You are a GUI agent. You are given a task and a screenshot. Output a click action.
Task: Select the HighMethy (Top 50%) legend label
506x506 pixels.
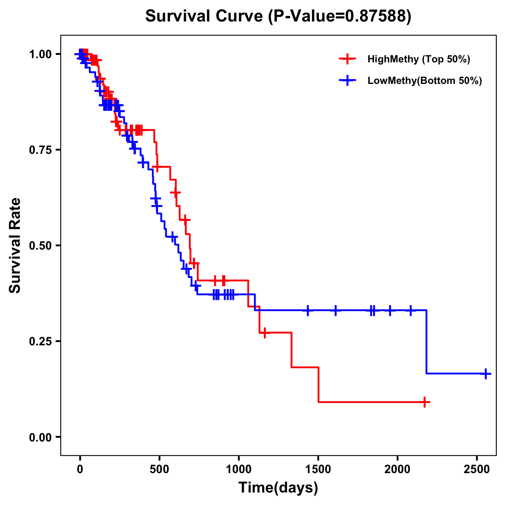point(418,59)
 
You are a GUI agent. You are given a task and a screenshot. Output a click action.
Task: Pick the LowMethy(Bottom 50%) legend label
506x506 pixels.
point(424,81)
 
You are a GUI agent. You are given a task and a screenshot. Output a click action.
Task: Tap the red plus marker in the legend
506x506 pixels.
point(347,59)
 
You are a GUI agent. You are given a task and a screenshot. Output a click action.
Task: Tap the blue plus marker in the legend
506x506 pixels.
point(347,81)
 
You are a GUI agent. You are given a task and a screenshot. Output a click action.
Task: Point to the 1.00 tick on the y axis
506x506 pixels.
point(40,54)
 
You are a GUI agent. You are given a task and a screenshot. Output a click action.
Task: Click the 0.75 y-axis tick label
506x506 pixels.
point(40,150)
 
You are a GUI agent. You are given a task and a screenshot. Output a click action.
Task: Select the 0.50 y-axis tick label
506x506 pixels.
point(40,245)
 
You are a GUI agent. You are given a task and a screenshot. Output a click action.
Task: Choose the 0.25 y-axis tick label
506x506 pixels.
point(40,341)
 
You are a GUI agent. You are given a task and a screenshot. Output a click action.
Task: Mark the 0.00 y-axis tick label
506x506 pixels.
point(40,437)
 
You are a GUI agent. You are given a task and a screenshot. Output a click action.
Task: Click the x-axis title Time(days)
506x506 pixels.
point(278,488)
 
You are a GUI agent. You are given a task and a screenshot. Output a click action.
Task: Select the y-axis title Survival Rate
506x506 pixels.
point(15,245)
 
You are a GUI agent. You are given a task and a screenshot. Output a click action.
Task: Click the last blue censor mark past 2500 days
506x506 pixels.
point(486,374)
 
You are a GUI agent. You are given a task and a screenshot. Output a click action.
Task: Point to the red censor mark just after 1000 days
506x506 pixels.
point(264,333)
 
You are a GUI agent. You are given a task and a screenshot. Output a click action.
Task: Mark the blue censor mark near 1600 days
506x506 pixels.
point(336,310)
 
